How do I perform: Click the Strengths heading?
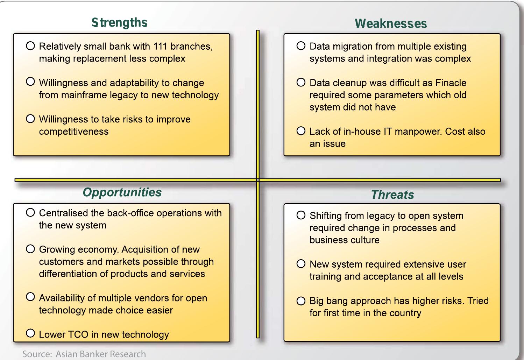pyautogui.click(x=119, y=23)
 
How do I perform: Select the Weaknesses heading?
pyautogui.click(x=391, y=24)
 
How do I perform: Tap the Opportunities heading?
pyautogui.click(x=122, y=192)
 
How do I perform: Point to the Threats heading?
pyautogui.click(x=392, y=195)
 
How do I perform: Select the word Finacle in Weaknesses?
pyautogui.click(x=451, y=83)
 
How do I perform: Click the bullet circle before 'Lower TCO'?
pyautogui.click(x=30, y=333)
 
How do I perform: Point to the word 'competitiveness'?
pyautogui.click(x=74, y=132)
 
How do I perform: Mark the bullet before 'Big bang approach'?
pyautogui.click(x=301, y=301)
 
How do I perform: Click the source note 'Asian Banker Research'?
pyautogui.click(x=101, y=354)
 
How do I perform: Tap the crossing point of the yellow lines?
pyautogui.click(x=258, y=180)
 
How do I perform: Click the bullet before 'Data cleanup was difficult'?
pyautogui.click(x=301, y=83)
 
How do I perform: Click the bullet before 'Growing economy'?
pyautogui.click(x=30, y=249)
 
